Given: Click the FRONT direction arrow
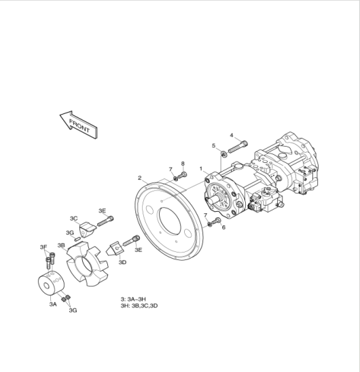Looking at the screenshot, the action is [78, 124].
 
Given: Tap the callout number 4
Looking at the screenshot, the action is [232, 135].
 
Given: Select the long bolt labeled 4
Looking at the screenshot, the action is [238, 147].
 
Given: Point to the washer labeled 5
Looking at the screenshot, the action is [223, 155].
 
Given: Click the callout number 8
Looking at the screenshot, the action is [183, 164].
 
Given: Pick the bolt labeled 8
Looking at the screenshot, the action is [182, 176].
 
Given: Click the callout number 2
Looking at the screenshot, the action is [140, 178].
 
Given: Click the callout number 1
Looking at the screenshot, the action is [201, 168].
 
